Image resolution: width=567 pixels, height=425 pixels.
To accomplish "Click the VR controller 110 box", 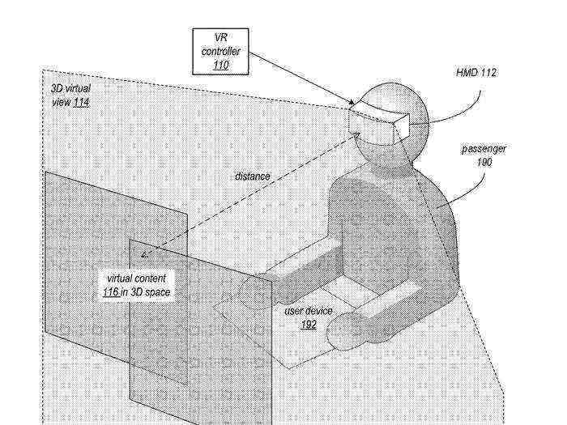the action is coord(220,52).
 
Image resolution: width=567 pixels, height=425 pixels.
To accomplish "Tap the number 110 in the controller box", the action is coord(221,66).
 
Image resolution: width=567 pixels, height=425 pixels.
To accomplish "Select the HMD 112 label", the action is coord(476,73).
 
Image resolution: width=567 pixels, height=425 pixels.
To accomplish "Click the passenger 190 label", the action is coord(484,155).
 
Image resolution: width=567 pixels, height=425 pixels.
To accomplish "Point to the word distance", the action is coord(253,176).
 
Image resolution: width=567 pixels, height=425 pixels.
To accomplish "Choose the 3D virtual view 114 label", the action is coord(71,96).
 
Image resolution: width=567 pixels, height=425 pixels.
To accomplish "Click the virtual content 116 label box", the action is coord(137,285).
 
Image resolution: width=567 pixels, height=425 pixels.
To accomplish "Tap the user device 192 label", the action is coord(309,317).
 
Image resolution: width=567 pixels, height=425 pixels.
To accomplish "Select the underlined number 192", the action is coord(309,325).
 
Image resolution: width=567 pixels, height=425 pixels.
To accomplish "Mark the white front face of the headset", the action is coord(402,126).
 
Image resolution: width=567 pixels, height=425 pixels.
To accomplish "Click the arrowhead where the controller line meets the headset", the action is coord(352,103).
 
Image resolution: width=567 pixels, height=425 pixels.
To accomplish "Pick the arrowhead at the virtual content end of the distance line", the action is coord(145,254).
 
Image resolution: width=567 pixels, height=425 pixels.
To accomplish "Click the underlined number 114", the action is coord(81,103).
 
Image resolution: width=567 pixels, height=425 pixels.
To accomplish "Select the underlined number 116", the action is coord(111,292).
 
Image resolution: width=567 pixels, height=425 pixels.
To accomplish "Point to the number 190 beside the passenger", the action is coord(484,162).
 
